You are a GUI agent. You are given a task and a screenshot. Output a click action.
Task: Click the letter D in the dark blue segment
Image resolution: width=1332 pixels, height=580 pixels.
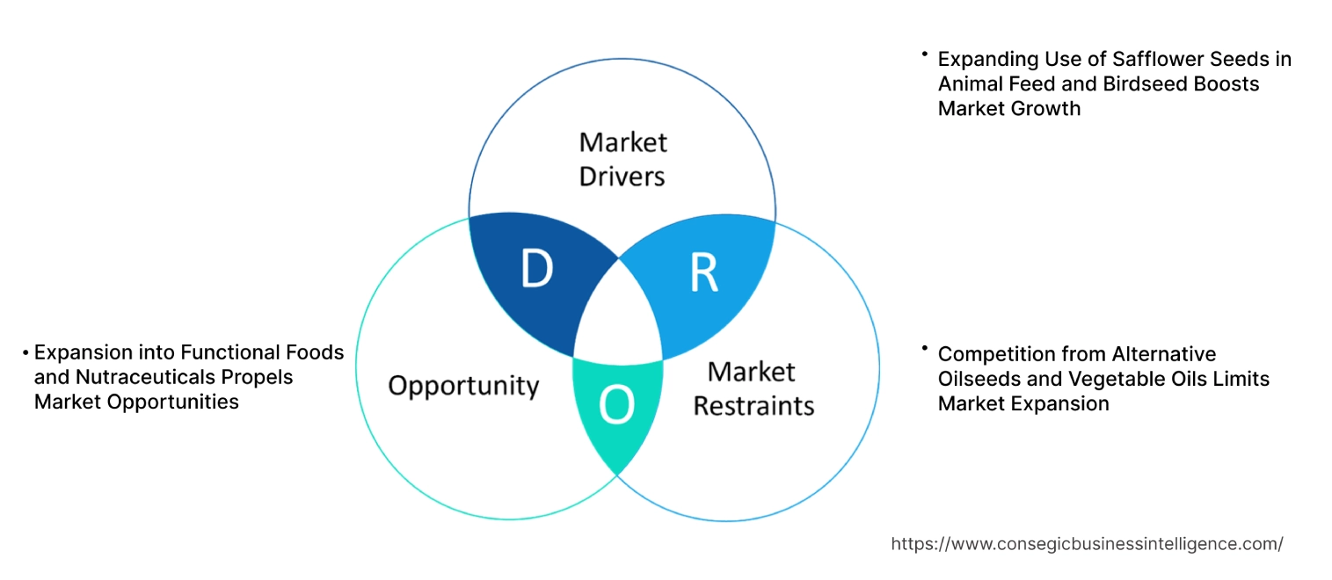536,270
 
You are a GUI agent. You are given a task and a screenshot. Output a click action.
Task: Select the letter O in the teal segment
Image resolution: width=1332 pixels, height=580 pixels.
615,405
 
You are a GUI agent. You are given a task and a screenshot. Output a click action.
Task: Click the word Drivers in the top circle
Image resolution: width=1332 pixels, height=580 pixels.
622,176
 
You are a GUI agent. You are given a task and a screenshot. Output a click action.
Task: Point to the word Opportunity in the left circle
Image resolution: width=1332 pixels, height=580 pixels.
463,385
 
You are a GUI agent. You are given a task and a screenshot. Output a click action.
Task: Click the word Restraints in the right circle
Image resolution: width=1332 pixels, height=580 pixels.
753,405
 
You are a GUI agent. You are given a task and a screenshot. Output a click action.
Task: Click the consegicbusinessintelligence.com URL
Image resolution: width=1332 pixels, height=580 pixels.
1087,544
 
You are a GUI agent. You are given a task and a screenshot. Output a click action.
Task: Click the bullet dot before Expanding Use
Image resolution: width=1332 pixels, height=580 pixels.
925,54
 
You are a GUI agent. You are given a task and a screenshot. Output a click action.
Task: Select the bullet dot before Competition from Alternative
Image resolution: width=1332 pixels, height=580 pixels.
925,350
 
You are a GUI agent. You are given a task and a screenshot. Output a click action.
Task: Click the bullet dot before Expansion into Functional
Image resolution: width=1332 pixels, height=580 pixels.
26,352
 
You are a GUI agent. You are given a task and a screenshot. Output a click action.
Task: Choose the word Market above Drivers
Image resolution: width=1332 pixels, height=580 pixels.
622,141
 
